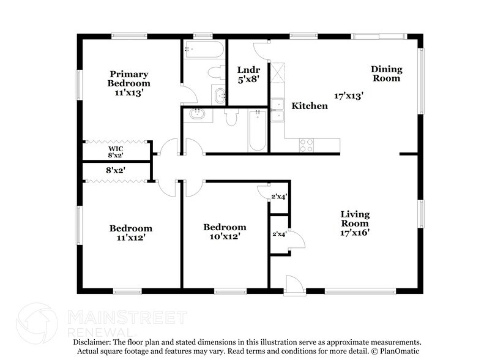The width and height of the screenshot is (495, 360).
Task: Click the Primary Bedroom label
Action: tap(128, 78)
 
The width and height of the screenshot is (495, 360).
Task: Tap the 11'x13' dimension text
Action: tap(128, 93)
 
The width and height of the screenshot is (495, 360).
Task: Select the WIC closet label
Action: tap(116, 148)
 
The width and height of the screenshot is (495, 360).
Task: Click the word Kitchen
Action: tap(309, 106)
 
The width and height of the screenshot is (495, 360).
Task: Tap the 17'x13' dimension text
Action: tap(349, 96)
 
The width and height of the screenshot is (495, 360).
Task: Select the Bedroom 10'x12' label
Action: tap(225, 231)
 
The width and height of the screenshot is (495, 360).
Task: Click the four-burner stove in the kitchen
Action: tap(306, 145)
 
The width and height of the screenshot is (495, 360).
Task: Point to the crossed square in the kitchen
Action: tap(278, 73)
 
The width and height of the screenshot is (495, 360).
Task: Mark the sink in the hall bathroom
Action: tap(197, 114)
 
